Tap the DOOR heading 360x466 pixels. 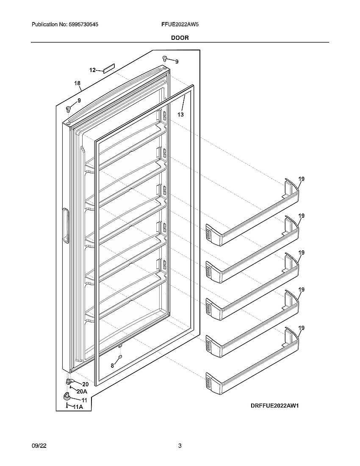tap(180, 38)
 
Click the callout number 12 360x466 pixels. tap(92, 70)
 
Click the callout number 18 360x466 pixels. tap(78, 83)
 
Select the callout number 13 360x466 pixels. tap(180, 114)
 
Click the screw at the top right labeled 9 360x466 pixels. tap(165, 59)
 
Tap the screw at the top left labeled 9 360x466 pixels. tap(67, 109)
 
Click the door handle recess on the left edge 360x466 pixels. tap(65, 226)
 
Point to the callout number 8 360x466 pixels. tap(113, 365)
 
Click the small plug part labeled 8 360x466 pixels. tap(120, 358)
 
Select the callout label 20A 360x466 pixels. tap(82, 392)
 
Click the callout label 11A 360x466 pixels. tap(78, 407)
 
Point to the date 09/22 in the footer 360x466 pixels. tap(38, 446)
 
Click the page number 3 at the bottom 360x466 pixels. tap(180, 446)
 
